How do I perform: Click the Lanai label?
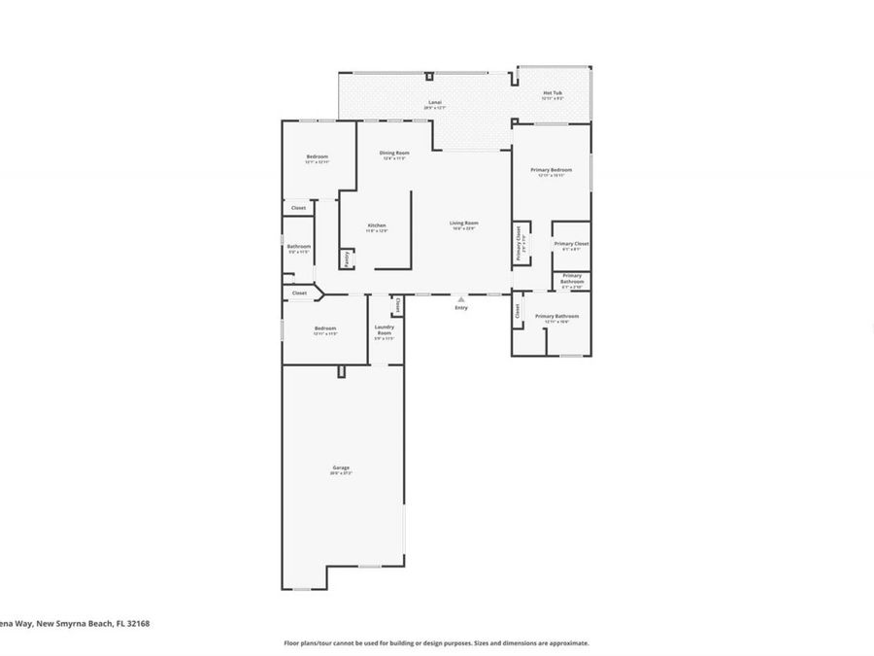tap(436, 102)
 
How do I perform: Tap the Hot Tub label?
tap(552, 94)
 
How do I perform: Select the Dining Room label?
tap(393, 153)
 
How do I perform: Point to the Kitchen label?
tap(376, 226)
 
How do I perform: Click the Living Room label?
tap(463, 224)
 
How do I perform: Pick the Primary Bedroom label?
tap(551, 170)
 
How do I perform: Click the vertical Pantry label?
tap(347, 259)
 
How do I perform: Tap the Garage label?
tap(340, 467)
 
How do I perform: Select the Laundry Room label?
tap(384, 329)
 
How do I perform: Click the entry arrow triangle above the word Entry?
tap(461, 299)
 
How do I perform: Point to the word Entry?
tap(461, 308)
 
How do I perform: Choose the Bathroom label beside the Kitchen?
tap(298, 246)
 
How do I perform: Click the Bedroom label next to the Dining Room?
tap(317, 157)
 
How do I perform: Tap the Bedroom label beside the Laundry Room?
tap(324, 328)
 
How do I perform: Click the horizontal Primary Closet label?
tap(571, 244)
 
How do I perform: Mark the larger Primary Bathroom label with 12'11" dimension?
tap(556, 316)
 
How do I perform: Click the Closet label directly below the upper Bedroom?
tap(298, 208)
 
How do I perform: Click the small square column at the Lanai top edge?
tap(428, 76)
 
